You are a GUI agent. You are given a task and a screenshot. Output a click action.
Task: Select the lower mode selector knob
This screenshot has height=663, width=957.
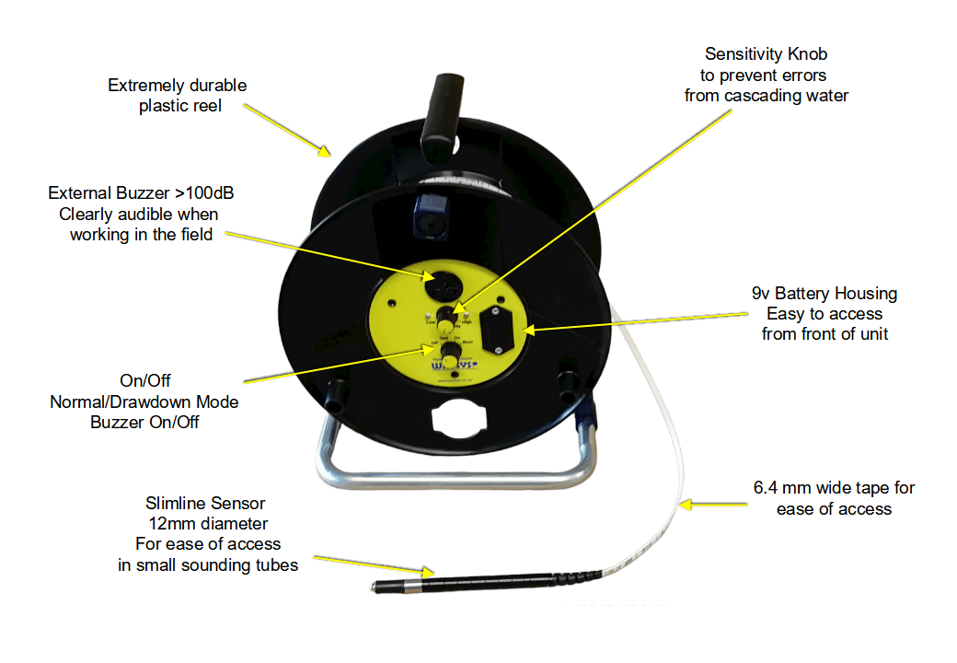click(x=449, y=355)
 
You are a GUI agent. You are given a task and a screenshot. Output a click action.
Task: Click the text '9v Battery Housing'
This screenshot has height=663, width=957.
click(x=824, y=294)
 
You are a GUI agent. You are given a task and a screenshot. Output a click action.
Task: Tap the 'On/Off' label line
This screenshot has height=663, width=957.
click(x=145, y=380)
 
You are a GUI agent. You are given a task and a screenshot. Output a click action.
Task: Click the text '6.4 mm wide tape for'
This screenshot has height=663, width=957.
click(x=834, y=488)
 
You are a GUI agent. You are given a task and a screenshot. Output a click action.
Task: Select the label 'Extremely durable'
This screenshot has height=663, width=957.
click(x=177, y=86)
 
